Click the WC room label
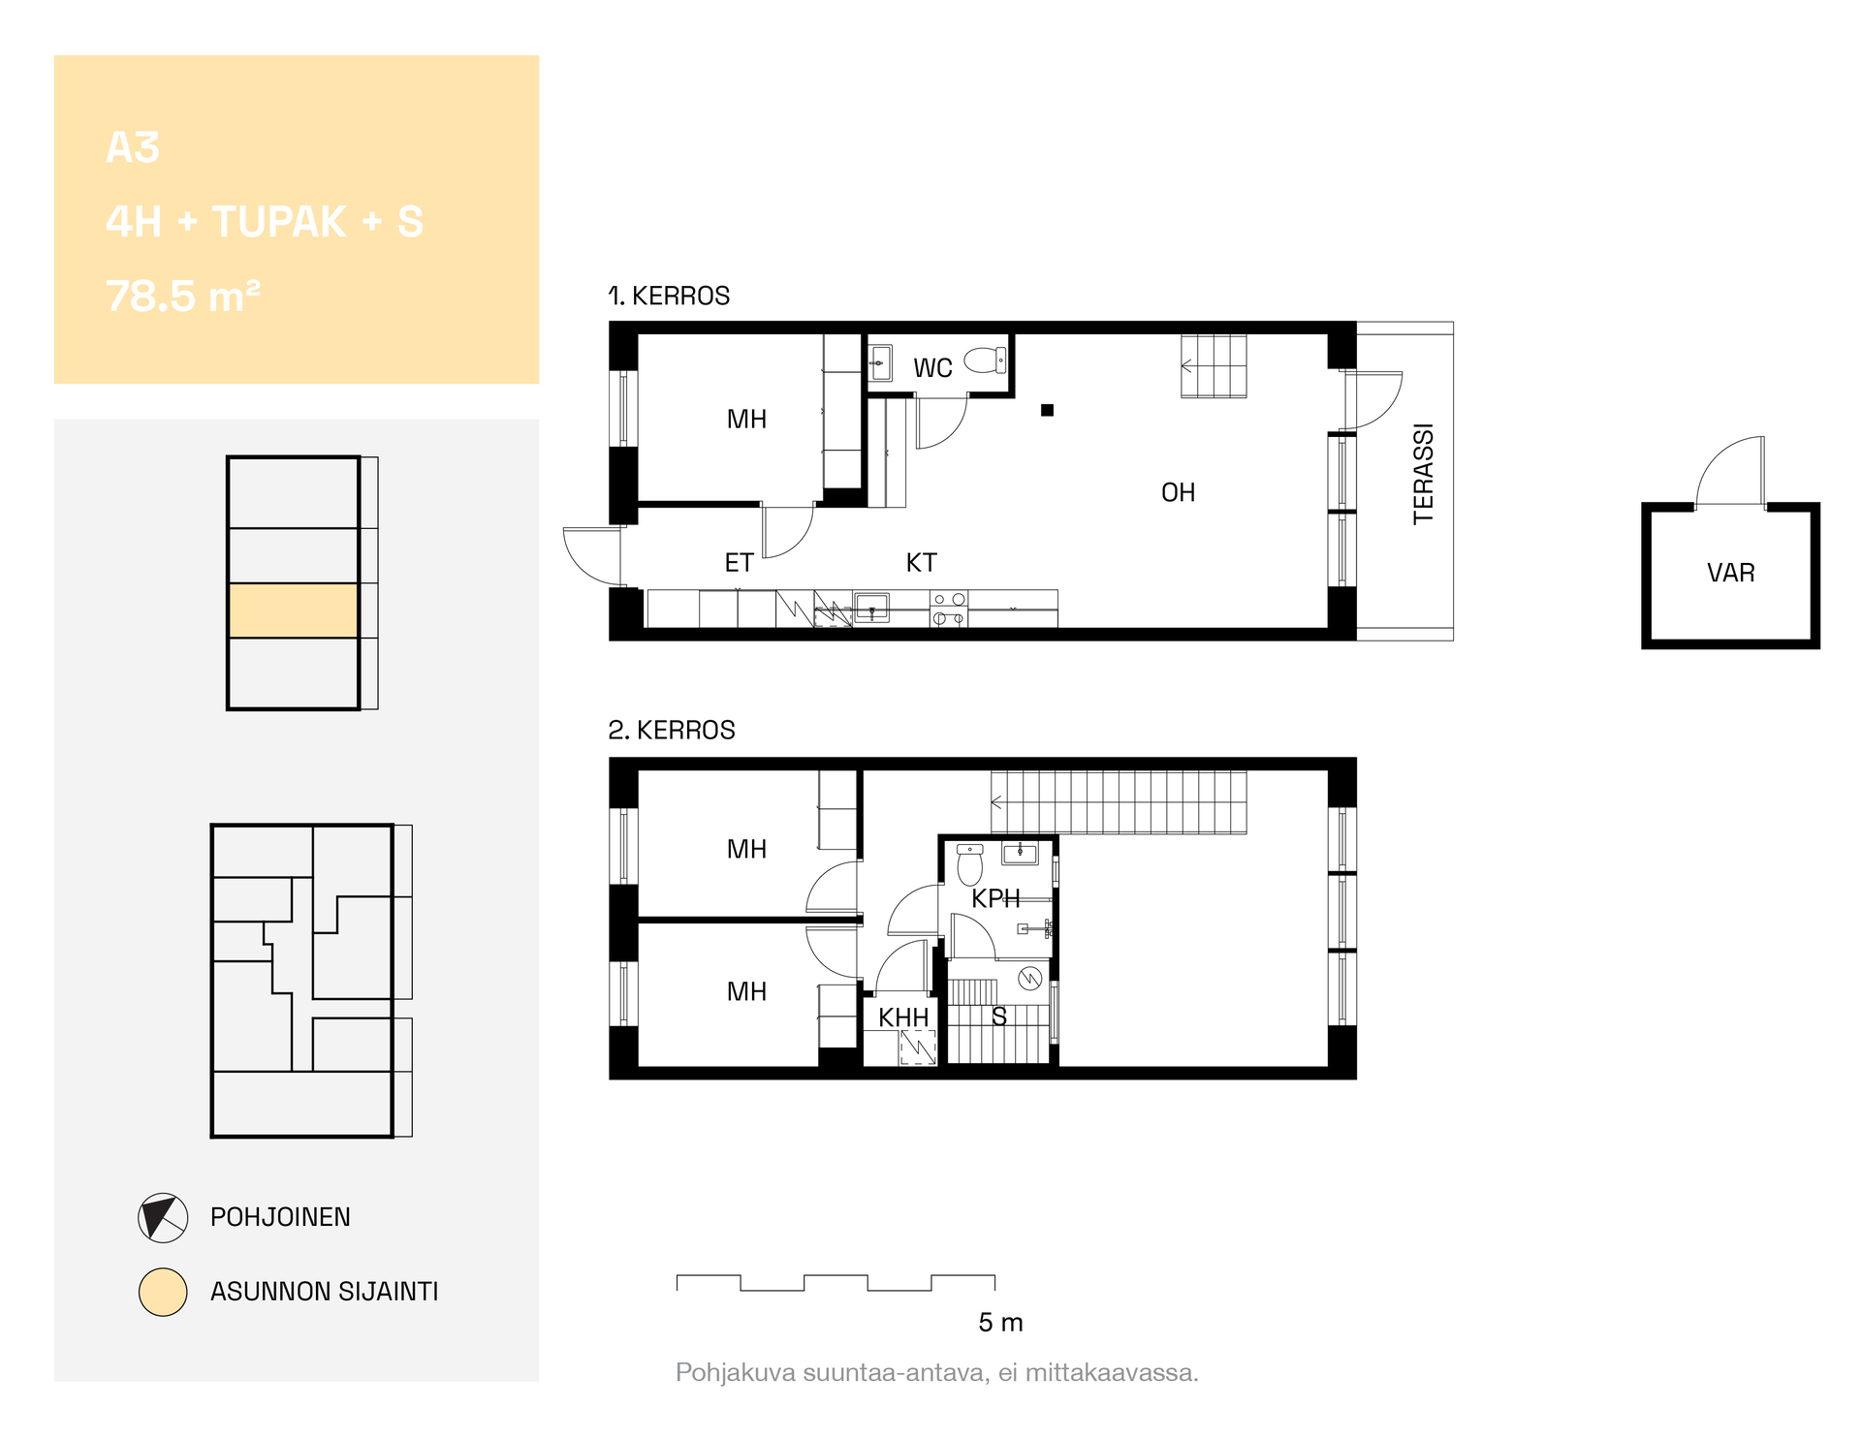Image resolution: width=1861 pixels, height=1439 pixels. (932, 368)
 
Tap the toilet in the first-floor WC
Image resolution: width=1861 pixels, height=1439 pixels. (986, 360)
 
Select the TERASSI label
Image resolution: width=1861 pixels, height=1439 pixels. (1422, 474)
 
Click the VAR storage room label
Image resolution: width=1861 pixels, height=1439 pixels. (1730, 573)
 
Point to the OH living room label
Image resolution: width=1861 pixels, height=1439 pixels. (1178, 492)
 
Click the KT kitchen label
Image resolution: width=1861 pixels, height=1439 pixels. (921, 562)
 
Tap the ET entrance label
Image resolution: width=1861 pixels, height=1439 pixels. (739, 562)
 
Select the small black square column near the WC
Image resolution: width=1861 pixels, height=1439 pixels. (1047, 410)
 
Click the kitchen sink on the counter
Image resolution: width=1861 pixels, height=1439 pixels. (871, 608)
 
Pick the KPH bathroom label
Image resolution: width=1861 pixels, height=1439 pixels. (995, 898)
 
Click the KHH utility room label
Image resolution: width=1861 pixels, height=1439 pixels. (903, 1017)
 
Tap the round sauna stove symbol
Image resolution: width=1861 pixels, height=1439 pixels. (1029, 979)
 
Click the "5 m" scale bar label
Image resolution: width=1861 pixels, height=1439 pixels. (1000, 1323)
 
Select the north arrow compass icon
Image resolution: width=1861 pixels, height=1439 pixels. (163, 1218)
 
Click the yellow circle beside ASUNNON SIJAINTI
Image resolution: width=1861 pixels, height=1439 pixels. (163, 1292)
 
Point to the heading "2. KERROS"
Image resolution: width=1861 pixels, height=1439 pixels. (672, 730)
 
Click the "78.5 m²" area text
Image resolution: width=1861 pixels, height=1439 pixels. (183, 296)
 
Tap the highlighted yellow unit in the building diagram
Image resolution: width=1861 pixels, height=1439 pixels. (294, 610)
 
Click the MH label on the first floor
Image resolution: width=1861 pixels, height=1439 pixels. (746, 419)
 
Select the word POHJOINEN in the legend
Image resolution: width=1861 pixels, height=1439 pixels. (280, 1217)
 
